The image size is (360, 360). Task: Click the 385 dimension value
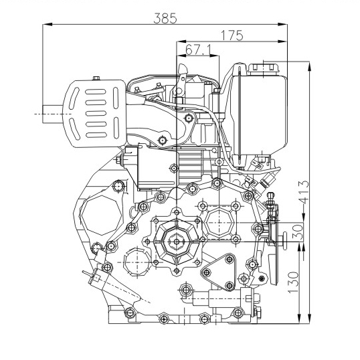coord(165,18)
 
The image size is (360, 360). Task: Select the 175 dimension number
coord(232,35)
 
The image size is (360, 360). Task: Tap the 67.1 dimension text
coord(199,50)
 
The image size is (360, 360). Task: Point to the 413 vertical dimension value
coord(304,193)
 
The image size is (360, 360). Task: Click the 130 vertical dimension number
coord(293,282)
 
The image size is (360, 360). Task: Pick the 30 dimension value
coord(298,232)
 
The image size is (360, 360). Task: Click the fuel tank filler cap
coord(263,69)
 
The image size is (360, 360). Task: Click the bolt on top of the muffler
coord(96,78)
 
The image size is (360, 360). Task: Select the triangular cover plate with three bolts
coord(219,272)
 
